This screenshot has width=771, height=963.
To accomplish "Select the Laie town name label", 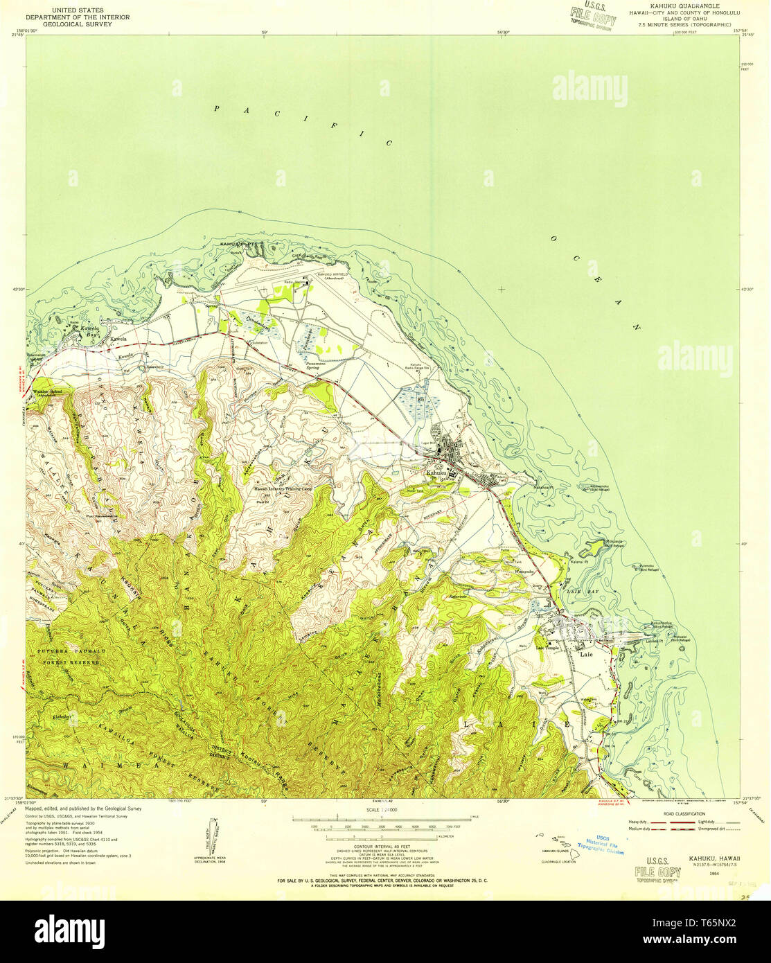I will pos(586,653).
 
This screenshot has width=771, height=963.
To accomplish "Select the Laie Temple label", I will pos(547,648).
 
